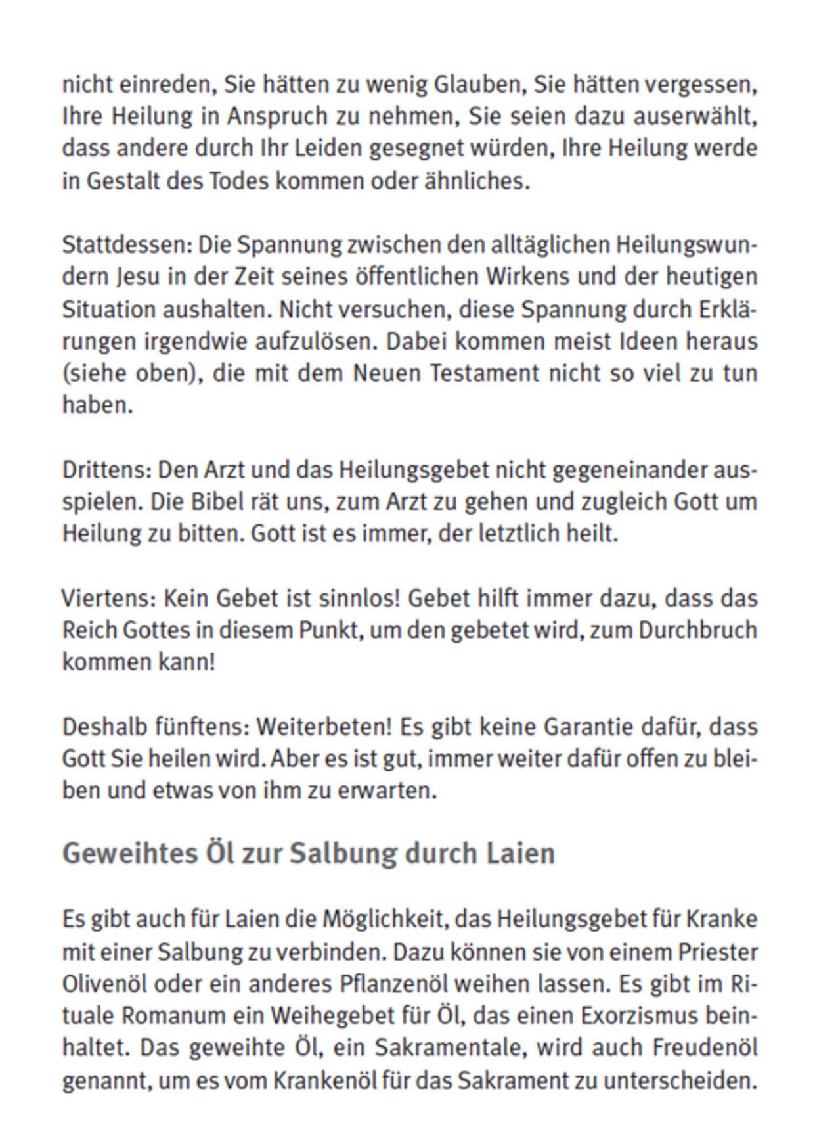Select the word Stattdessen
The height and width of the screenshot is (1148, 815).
coord(127,245)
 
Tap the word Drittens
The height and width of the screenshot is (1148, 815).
coord(107,471)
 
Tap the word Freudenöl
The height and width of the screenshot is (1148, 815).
coord(705,1047)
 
